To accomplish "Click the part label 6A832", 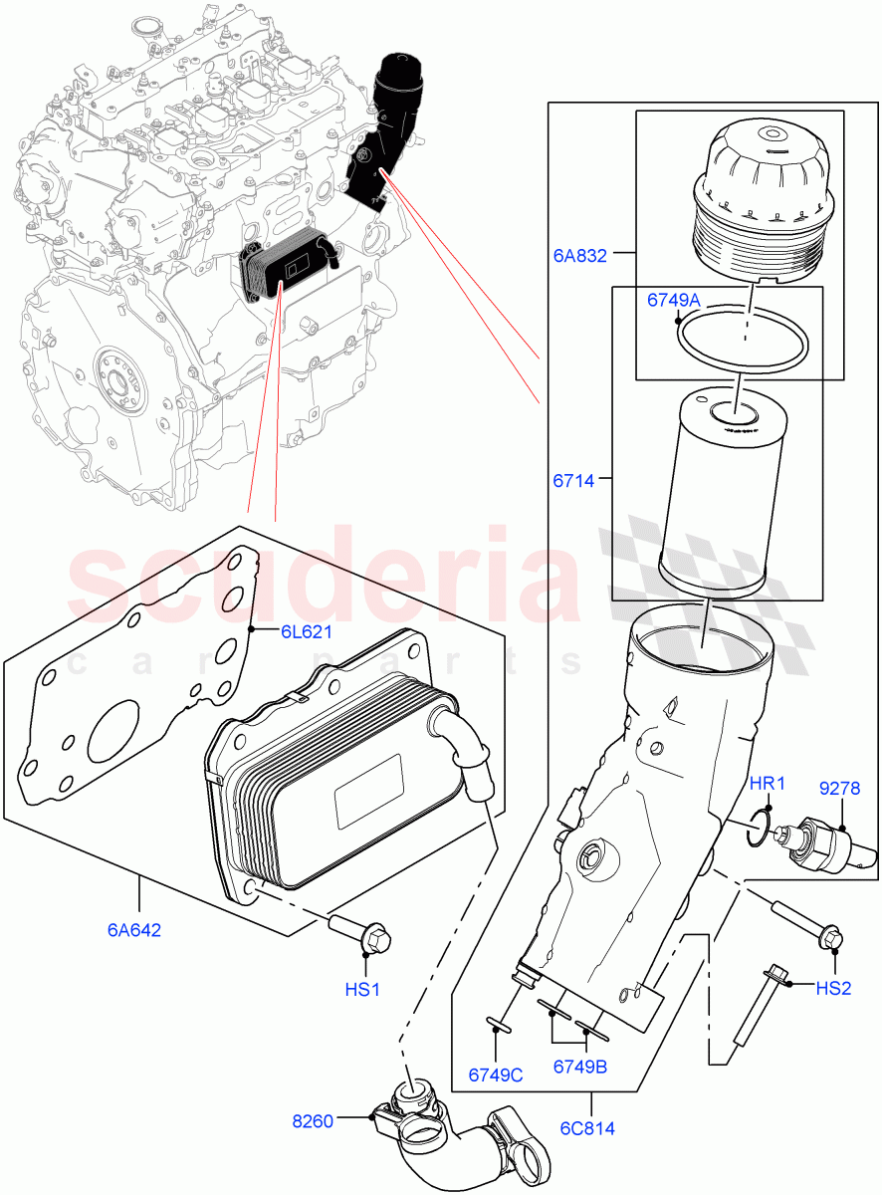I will (x=580, y=255).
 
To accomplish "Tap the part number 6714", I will (x=572, y=481).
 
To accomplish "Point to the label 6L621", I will (x=306, y=631).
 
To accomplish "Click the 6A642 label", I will (x=133, y=931).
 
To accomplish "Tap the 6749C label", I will (x=496, y=1075).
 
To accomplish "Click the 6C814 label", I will (x=586, y=1128).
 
